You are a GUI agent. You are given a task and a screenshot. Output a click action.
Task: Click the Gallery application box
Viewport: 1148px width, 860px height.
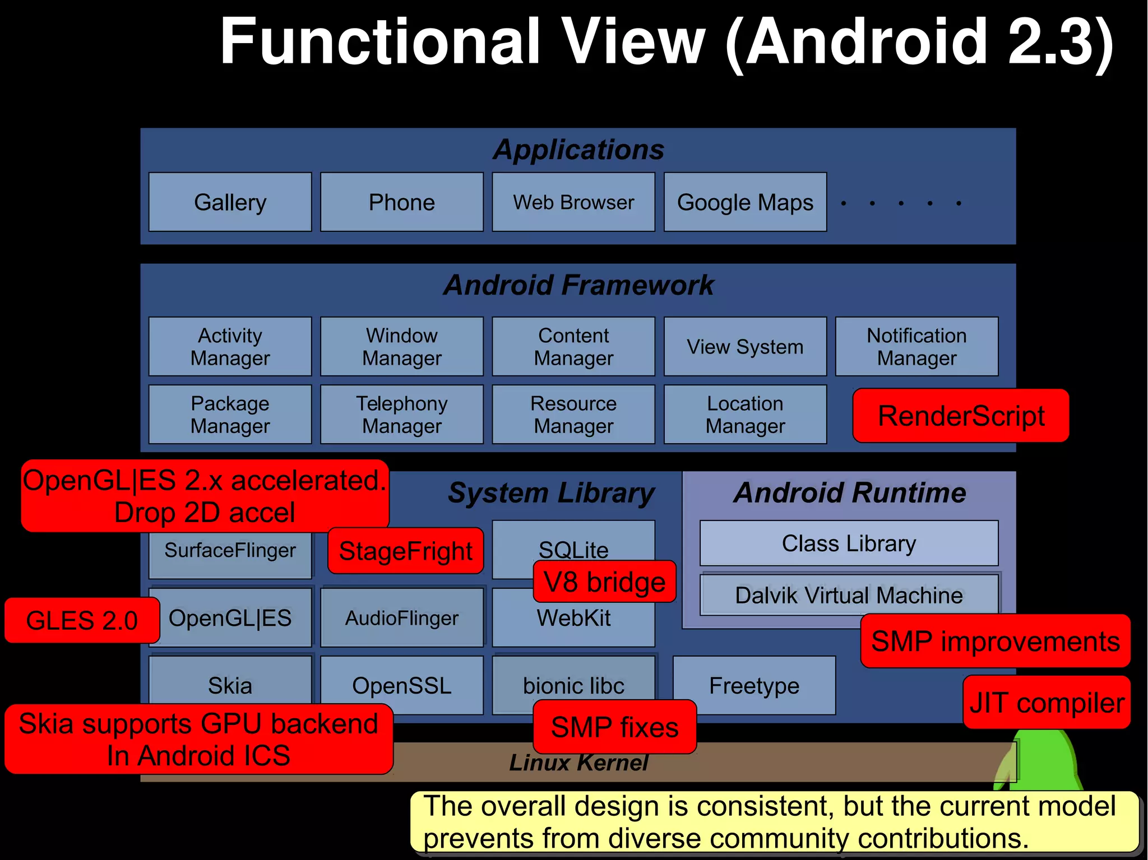tap(230, 202)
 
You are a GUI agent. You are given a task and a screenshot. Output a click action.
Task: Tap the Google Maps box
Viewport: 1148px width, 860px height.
tap(745, 202)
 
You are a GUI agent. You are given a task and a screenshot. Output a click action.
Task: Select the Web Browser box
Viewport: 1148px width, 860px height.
tap(573, 202)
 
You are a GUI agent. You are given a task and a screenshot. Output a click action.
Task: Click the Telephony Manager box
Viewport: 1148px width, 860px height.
tap(401, 415)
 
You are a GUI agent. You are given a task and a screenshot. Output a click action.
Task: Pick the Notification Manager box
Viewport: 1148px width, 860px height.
tap(916, 346)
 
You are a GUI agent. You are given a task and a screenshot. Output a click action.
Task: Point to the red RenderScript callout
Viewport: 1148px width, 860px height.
tap(961, 416)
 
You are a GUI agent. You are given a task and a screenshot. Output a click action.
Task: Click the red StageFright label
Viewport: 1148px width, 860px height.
tap(405, 551)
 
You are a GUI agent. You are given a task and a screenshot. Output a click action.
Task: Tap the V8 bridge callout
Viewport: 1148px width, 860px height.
tap(604, 582)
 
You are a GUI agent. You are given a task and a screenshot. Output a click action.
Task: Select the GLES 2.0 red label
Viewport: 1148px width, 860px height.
tap(82, 620)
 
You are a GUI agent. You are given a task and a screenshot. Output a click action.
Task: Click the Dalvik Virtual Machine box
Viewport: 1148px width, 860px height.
tap(849, 595)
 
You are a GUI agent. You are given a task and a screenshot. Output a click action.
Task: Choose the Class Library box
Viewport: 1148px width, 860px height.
tap(849, 543)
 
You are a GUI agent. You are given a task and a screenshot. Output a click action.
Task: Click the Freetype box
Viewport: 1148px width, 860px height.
tap(754, 685)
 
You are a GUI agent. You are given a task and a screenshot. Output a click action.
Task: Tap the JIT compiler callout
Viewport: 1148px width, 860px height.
tap(1047, 703)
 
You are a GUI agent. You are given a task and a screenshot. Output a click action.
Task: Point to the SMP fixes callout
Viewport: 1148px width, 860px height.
tap(614, 727)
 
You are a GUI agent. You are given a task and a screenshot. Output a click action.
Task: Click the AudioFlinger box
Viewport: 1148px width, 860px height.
tap(401, 618)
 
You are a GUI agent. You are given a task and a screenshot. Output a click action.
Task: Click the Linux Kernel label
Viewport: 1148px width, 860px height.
tap(578, 763)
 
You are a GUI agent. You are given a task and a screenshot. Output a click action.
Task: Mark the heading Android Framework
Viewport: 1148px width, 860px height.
tap(578, 285)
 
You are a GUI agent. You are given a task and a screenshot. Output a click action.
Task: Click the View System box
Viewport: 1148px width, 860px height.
tap(745, 346)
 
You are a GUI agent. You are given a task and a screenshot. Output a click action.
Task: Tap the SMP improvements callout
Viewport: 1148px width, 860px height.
tap(995, 641)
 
